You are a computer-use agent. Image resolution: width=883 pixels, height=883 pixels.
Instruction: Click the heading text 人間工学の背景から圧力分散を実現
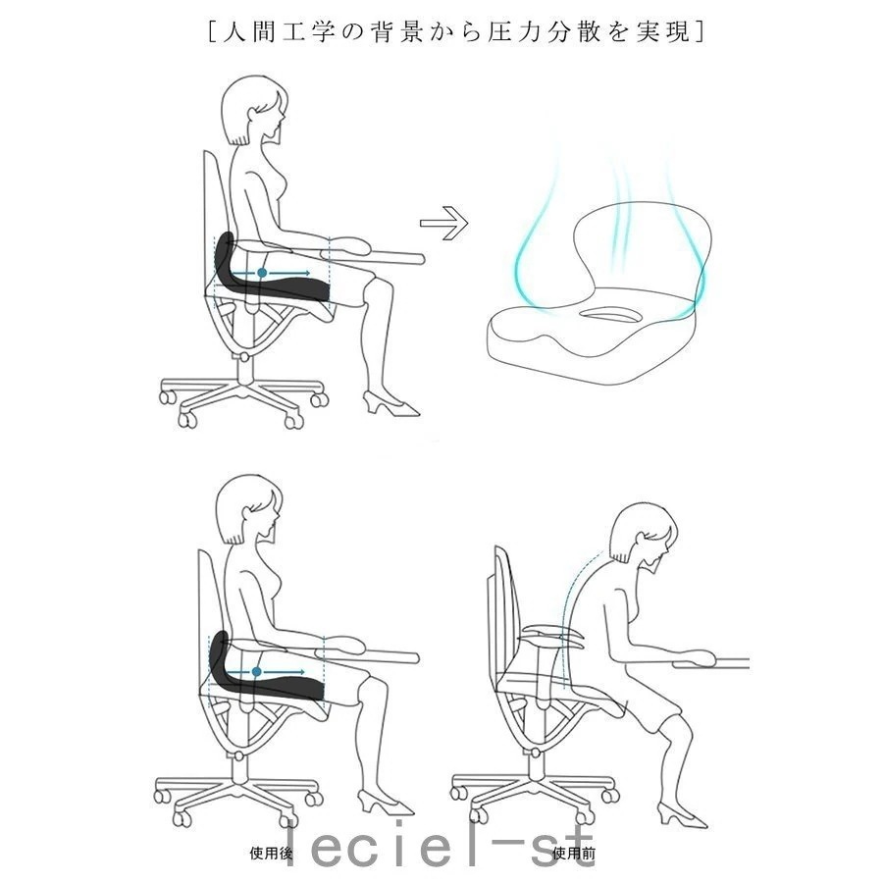[456, 31]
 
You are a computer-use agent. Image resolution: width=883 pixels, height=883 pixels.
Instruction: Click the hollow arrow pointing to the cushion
[443, 223]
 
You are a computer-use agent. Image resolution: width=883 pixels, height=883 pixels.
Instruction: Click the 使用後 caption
[272, 854]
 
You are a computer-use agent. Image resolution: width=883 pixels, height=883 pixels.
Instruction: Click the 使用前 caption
[574, 854]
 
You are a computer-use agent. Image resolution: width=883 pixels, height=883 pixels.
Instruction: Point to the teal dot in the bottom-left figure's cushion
[257, 672]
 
